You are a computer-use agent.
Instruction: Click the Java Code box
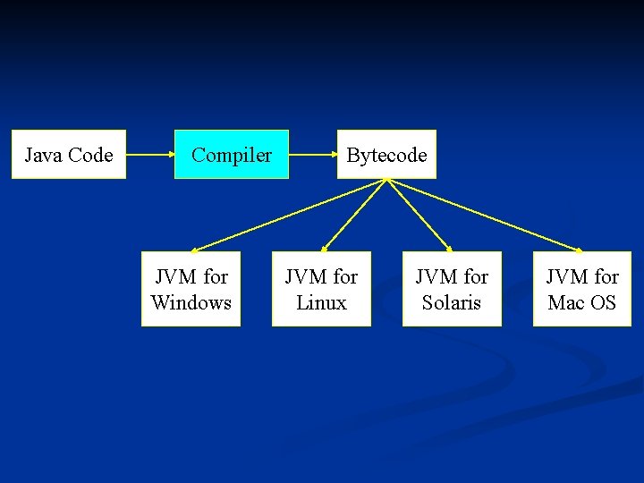pos(69,155)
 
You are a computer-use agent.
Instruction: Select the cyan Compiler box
pos(232,155)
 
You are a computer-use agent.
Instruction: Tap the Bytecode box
pos(386,155)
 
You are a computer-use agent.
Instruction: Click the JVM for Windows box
pos(191,289)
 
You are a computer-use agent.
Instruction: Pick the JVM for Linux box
pos(321,289)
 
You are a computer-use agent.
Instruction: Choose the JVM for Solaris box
pos(452,289)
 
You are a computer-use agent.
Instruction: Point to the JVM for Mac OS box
pos(582,289)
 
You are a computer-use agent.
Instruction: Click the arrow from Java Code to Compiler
pos(149,155)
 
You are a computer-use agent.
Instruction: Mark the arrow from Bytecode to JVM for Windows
pos(289,215)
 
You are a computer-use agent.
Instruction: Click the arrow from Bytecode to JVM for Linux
pos(354,215)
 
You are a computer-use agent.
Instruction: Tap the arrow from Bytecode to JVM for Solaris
pos(419,215)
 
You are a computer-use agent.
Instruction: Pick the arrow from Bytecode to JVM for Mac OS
pos(484,215)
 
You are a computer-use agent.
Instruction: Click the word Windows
pos(191,302)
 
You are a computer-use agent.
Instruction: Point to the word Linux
pos(321,302)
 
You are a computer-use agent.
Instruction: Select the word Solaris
pos(452,302)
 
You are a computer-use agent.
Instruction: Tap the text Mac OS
pos(582,302)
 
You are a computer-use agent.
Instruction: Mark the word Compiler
pos(232,156)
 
